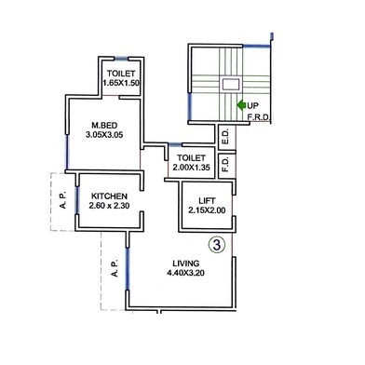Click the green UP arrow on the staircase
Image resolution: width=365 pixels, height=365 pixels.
coord(241,105)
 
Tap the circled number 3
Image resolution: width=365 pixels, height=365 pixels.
coord(216,245)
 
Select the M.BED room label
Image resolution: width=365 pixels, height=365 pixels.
coord(104,126)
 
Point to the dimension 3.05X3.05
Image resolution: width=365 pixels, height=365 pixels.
coord(104,135)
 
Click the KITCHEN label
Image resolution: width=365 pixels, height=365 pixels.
coord(109,196)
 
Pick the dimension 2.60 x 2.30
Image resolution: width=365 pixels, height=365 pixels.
coord(109,206)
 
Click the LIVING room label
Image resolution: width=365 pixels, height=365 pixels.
coord(186,264)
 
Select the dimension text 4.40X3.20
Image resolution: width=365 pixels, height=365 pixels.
coord(185,273)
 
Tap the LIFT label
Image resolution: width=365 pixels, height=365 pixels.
coord(207,200)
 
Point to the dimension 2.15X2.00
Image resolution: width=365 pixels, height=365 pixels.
coord(207,210)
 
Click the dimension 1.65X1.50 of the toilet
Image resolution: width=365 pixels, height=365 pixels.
coord(121,83)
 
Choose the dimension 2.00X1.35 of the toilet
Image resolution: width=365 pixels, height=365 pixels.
coord(192,168)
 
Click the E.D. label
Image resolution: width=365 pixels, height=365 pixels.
coord(225,136)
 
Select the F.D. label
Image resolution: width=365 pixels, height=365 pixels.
coord(225,164)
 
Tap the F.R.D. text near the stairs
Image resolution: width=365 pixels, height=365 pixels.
coord(260,118)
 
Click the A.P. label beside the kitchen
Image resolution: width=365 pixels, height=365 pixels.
coord(63,200)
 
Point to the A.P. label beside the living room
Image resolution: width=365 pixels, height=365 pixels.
coord(115,268)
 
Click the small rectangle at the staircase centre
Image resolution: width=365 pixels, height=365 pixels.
coord(230,84)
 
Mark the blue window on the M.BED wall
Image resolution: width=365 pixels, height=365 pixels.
coord(67,151)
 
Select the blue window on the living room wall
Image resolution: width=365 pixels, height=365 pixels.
coord(127,269)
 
